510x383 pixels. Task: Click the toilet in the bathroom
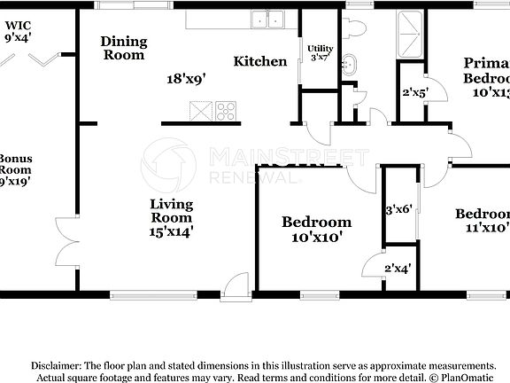click(x=357, y=25)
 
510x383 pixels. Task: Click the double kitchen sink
click(x=267, y=19)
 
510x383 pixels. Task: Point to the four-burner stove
click(x=225, y=112)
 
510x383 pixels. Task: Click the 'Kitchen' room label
click(x=260, y=61)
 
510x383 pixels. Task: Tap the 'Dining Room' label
click(x=123, y=48)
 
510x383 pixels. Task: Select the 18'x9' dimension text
click(x=186, y=78)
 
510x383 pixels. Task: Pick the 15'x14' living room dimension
click(x=172, y=231)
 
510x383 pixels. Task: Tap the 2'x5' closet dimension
click(x=415, y=91)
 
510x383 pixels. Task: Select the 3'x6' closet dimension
click(x=398, y=210)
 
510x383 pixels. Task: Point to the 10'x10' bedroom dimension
click(x=316, y=237)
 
